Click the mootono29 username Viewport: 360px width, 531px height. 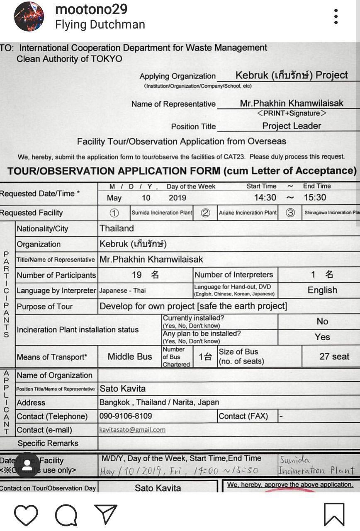(x=91, y=9)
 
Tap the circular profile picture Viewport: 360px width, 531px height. (x=29, y=17)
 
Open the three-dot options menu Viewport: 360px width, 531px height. (x=336, y=17)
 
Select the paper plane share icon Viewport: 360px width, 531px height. (x=106, y=514)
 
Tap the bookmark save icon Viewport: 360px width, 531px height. (x=334, y=514)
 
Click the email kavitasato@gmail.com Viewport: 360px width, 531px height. (x=132, y=430)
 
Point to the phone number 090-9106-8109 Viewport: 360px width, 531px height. (x=126, y=416)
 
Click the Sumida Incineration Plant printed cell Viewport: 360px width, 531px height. (x=162, y=213)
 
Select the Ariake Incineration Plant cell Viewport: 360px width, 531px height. (x=248, y=213)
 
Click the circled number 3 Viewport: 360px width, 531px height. (x=290, y=213)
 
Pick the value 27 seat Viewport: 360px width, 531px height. (x=334, y=356)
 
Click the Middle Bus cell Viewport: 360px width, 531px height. (x=130, y=357)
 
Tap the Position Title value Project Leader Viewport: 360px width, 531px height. (x=292, y=126)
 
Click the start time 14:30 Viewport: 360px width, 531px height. (x=265, y=197)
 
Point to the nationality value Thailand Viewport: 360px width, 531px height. (x=117, y=228)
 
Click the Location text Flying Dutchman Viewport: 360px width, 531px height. (x=100, y=24)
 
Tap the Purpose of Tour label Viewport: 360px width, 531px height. (x=44, y=307)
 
